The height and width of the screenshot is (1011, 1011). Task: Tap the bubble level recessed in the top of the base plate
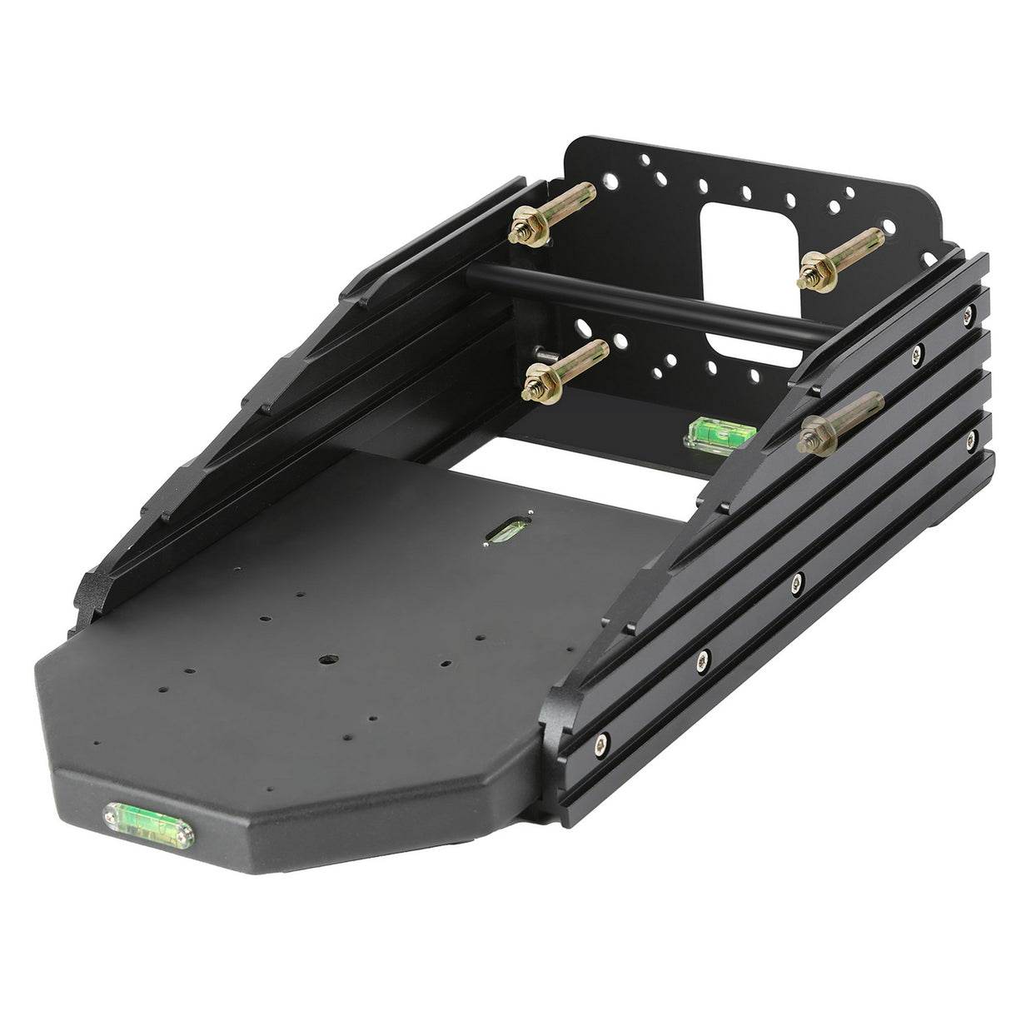pyautogui.click(x=505, y=530)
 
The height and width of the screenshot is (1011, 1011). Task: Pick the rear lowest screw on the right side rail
pyautogui.click(x=970, y=436)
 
